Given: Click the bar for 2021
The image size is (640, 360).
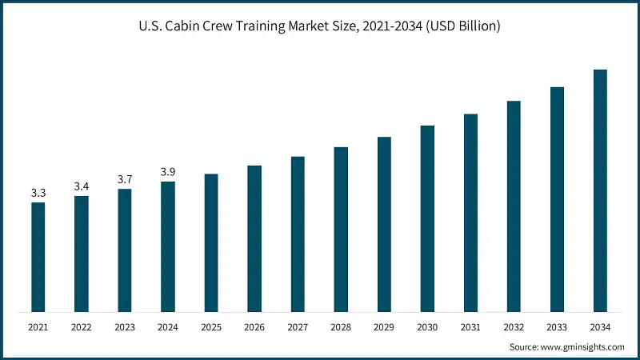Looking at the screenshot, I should [x=38, y=257].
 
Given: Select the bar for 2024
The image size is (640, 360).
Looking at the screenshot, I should [x=167, y=246].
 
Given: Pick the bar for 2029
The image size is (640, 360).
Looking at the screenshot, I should [x=384, y=224].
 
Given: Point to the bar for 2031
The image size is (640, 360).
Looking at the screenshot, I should [x=470, y=213].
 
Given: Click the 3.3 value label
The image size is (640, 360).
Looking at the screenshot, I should [x=38, y=193].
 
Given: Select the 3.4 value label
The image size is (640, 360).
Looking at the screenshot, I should [x=81, y=186].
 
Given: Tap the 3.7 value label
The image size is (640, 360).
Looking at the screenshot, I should [x=124, y=179].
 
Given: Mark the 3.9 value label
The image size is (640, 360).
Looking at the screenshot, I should [x=167, y=172].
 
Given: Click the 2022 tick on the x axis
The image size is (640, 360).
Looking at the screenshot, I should [x=81, y=327].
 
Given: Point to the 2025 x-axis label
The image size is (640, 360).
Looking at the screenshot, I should [x=210, y=327].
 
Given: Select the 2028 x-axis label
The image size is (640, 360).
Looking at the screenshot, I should [x=341, y=327].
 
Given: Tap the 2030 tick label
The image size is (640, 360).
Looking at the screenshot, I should [x=427, y=327].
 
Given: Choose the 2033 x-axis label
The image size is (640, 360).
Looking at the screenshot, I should [x=557, y=327].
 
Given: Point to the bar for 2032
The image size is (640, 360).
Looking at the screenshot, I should [x=514, y=206].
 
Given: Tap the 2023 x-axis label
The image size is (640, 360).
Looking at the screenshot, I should [x=124, y=327].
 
